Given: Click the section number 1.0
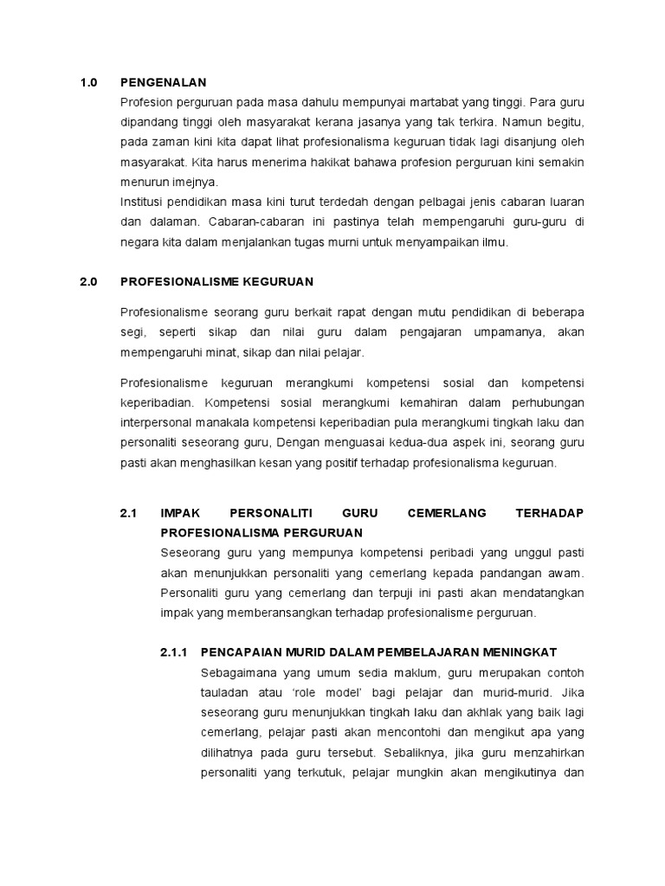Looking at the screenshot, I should coord(89,83).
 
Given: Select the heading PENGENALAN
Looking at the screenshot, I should coord(164,83).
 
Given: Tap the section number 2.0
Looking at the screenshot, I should coord(89,282).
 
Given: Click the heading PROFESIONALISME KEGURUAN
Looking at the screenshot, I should coord(216,282).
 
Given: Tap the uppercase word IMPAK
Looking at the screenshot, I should coord(180,513).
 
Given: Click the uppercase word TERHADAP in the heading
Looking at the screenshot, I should coord(550,513).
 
